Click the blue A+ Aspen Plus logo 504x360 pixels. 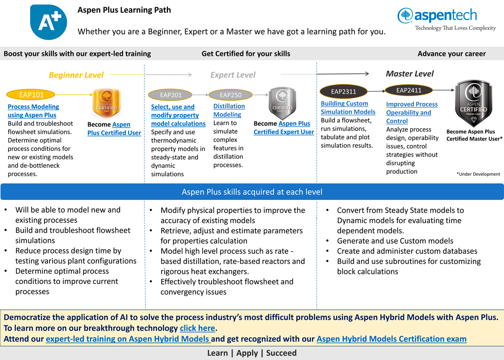tap(49, 22)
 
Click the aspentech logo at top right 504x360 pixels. tap(446, 19)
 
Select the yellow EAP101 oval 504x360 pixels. tap(31, 95)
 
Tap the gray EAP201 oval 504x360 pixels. tap(170, 95)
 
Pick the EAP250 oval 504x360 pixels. tap(231, 95)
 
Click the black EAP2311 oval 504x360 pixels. tap(344, 92)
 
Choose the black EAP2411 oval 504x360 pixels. tap(409, 90)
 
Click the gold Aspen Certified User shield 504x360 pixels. tap(107, 103)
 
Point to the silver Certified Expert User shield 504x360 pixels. tap(282, 103)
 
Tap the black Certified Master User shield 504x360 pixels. tap(474, 103)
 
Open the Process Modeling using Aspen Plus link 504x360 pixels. tap(33, 111)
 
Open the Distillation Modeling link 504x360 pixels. tap(229, 110)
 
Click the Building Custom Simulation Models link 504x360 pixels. tap(348, 108)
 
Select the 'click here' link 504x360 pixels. tap(197, 328)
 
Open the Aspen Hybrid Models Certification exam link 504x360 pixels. tap(391, 339)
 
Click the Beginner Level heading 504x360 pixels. tap(76, 75)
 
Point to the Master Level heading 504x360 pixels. tap(410, 74)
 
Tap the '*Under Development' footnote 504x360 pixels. tap(478, 174)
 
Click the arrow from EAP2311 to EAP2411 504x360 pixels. tap(376, 91)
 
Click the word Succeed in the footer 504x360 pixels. tap(281, 353)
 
